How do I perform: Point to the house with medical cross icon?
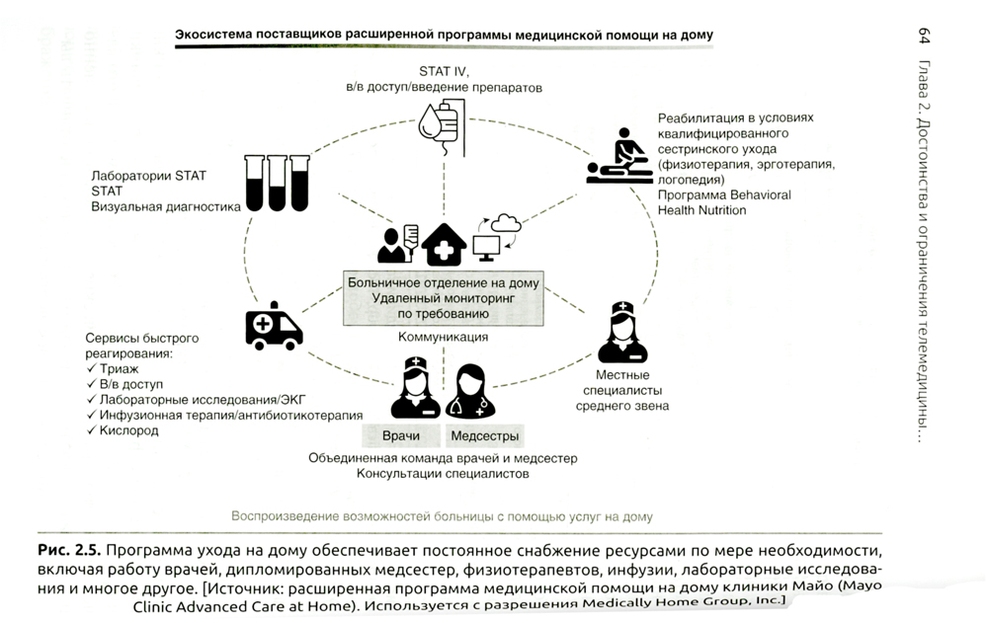[445, 243]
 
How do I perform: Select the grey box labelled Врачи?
[400, 435]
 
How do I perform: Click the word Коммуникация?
[444, 337]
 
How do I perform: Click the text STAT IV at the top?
[444, 71]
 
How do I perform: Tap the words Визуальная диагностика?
[166, 207]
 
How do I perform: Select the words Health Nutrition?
[702, 210]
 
